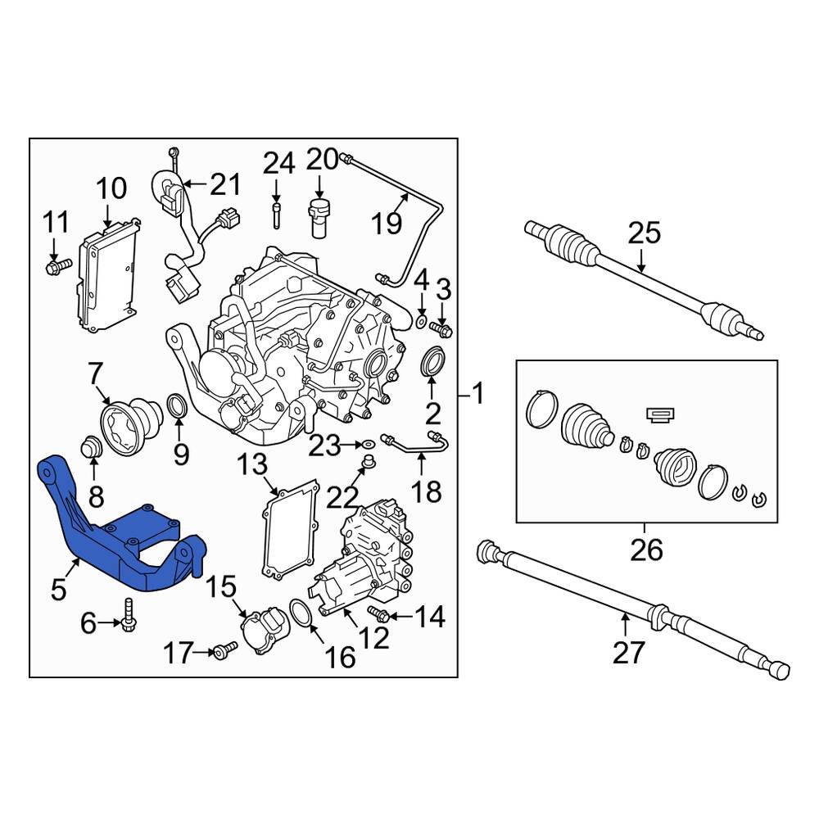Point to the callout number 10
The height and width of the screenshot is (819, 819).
[111, 189]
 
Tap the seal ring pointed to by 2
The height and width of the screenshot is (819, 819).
[432, 362]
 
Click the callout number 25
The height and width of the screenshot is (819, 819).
[644, 234]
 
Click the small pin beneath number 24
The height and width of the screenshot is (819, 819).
[277, 218]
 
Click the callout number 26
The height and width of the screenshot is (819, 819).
[645, 550]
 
